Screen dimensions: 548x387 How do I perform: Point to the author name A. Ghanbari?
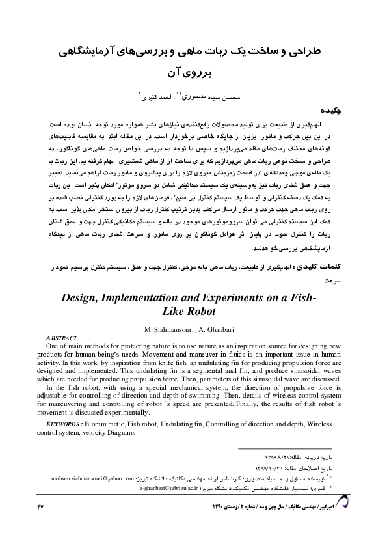click(x=215, y=327)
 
